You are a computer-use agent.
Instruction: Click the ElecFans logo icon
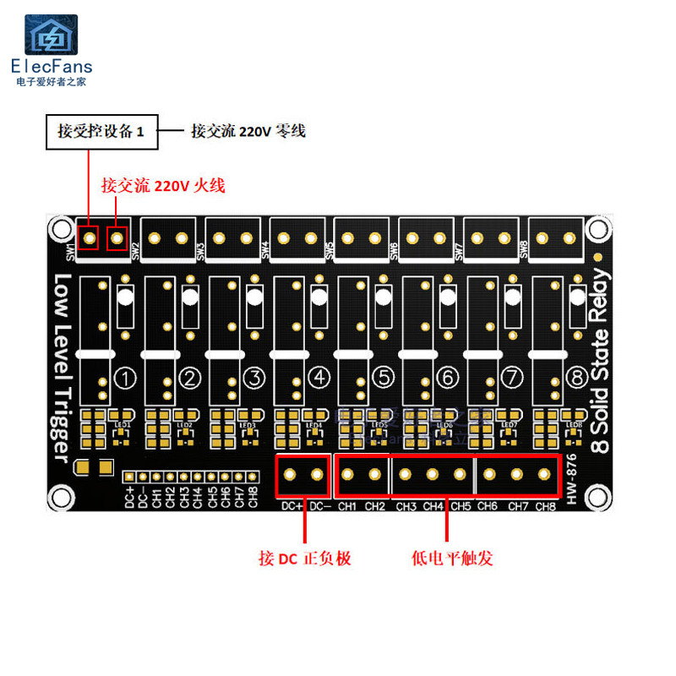(51, 35)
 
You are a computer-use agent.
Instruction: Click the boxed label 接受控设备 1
(102, 131)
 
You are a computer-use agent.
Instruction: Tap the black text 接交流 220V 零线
(248, 131)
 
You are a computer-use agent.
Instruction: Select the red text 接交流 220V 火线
(163, 186)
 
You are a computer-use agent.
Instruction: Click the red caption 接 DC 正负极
(304, 559)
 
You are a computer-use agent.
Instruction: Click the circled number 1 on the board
(125, 378)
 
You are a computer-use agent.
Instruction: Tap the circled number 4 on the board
(319, 378)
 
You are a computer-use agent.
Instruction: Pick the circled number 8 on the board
(576, 378)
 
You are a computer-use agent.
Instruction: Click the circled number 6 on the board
(448, 378)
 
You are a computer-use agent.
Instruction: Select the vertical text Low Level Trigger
(62, 368)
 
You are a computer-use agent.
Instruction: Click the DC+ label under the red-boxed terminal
(292, 507)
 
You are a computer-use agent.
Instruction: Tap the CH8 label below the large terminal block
(545, 507)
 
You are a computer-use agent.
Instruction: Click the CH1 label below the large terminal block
(347, 507)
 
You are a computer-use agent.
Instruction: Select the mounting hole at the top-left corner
(59, 228)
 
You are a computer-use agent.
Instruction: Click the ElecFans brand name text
(52, 67)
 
